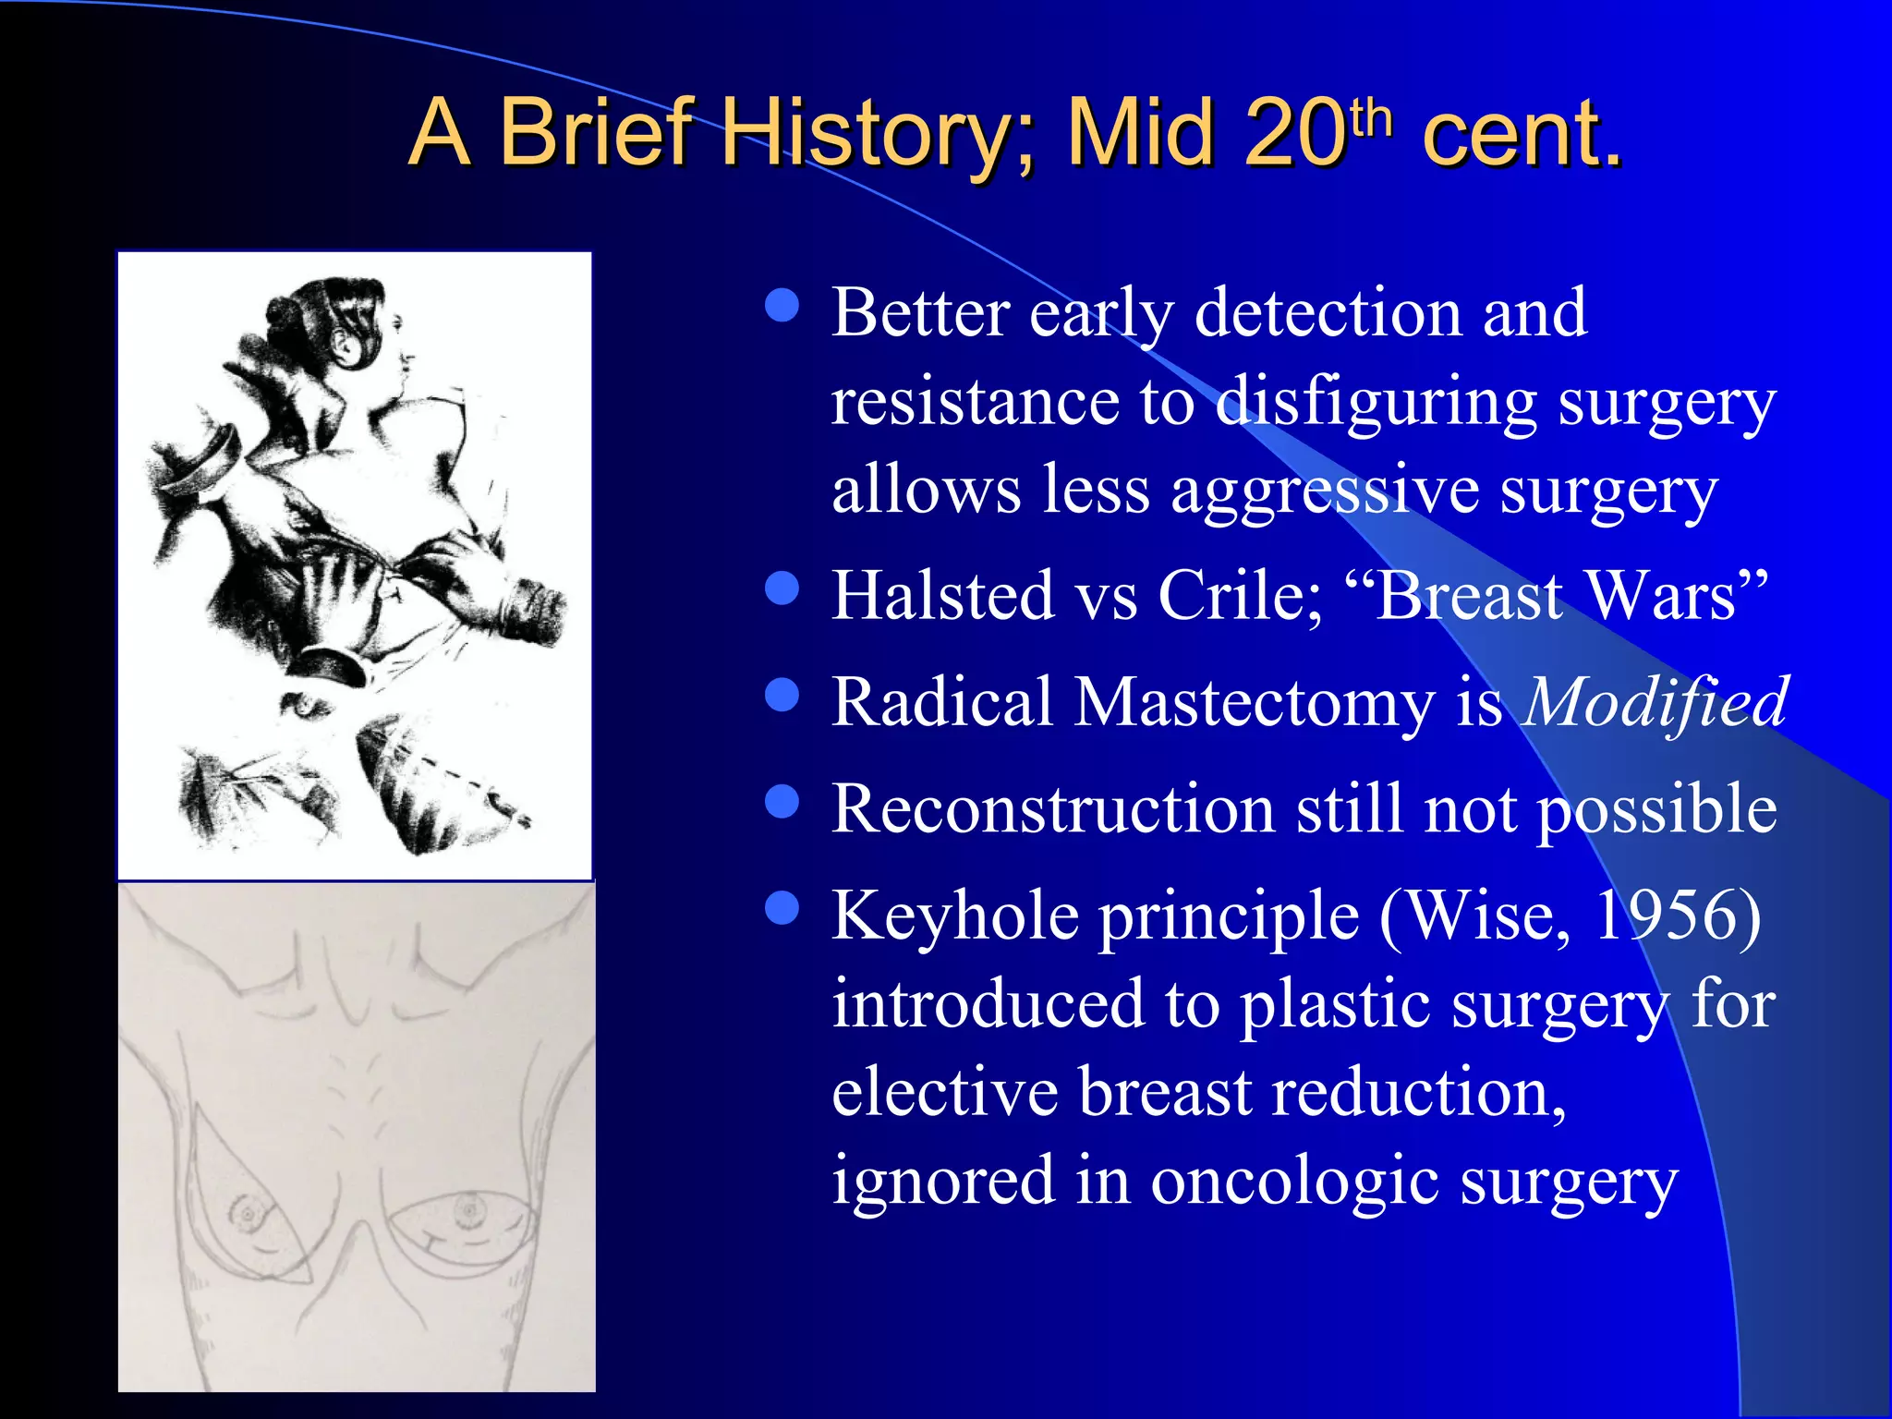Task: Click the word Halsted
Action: tap(943, 595)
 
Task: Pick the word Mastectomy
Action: tap(1253, 703)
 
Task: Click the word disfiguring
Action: tap(1376, 404)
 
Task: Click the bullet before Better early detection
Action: tap(782, 306)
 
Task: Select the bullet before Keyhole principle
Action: tap(782, 908)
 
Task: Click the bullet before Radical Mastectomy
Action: tap(782, 695)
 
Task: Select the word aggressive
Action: tap(1325, 490)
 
